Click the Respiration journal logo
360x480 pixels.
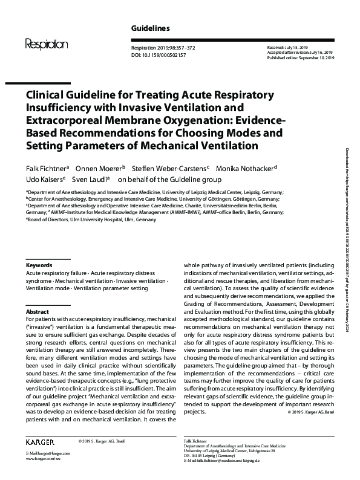[x=46, y=44]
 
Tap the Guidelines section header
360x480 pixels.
[x=150, y=28]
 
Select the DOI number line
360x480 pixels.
[x=159, y=54]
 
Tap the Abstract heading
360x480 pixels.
[x=37, y=311]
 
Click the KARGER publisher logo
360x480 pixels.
[x=41, y=442]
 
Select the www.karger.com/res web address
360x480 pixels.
[x=44, y=459]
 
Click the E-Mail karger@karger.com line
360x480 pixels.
[x=48, y=453]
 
